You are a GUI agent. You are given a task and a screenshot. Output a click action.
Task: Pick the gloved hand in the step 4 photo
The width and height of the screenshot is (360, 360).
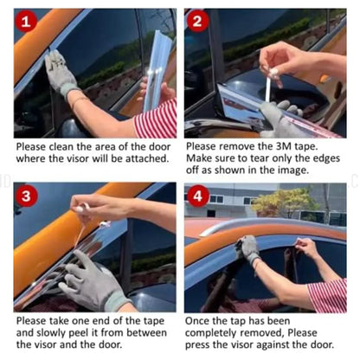point(249,249)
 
